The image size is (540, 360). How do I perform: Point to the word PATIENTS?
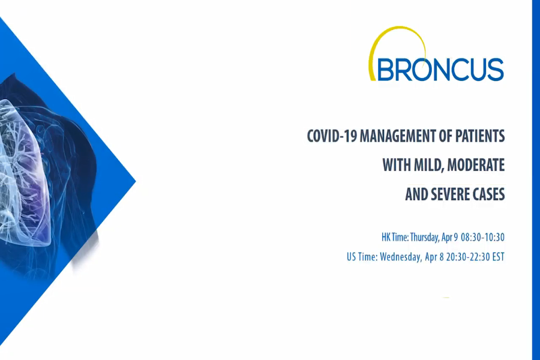click(x=480, y=136)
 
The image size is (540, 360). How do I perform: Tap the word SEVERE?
click(x=452, y=194)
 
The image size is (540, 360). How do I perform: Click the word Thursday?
click(x=428, y=237)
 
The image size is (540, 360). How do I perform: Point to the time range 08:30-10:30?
click(x=482, y=237)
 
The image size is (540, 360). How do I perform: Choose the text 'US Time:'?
click(x=362, y=257)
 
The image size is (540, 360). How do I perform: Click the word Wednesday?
click(x=403, y=257)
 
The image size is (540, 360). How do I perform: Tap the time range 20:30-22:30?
click(x=464, y=257)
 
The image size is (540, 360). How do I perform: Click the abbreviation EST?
click(x=497, y=257)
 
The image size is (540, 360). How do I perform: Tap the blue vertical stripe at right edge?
click(x=535, y=180)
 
